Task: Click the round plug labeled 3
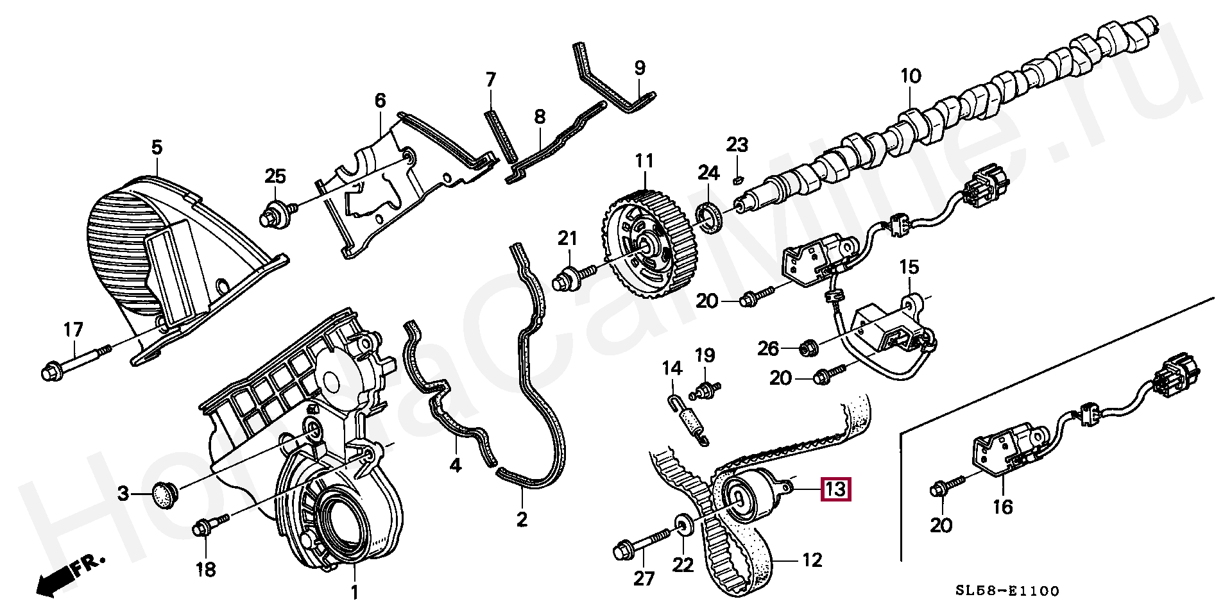(165, 494)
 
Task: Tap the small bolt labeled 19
(706, 389)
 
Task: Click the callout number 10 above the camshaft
(910, 77)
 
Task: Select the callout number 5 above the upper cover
(157, 148)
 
